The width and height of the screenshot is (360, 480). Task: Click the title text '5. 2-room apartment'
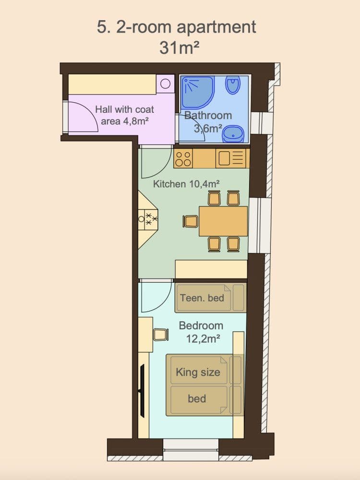[176, 27]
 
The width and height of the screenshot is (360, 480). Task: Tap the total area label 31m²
[179, 48]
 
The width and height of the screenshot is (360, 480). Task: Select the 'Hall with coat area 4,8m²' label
[124, 115]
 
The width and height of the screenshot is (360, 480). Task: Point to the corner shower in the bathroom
[197, 92]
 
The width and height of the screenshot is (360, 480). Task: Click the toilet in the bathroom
[233, 85]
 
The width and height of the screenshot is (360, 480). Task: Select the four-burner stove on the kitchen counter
[183, 158]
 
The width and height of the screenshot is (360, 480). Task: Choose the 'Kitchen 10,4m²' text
[186, 183]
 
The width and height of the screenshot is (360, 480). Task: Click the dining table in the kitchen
[223, 221]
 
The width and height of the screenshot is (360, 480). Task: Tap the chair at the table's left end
[191, 221]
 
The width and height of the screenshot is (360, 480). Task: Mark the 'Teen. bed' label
[202, 298]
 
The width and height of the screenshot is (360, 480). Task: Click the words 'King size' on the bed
[198, 372]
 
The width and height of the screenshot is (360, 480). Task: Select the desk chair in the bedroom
[161, 334]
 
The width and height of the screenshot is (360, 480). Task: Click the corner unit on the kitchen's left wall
[148, 219]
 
